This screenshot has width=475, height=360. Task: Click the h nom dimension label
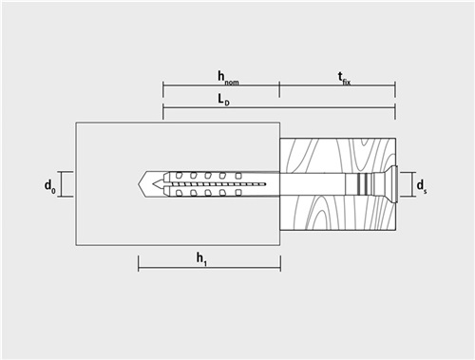[x=228, y=78]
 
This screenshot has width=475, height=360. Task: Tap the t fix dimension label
[x=344, y=79]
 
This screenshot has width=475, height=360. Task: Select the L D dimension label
[x=223, y=100]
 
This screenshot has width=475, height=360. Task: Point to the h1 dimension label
[x=201, y=259]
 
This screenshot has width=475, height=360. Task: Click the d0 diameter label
[x=50, y=186]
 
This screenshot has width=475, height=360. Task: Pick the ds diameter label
[x=421, y=186]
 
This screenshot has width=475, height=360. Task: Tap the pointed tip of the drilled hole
[x=139, y=184]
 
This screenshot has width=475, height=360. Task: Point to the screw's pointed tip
[x=153, y=184]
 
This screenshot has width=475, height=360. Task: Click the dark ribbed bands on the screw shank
[x=363, y=184]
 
